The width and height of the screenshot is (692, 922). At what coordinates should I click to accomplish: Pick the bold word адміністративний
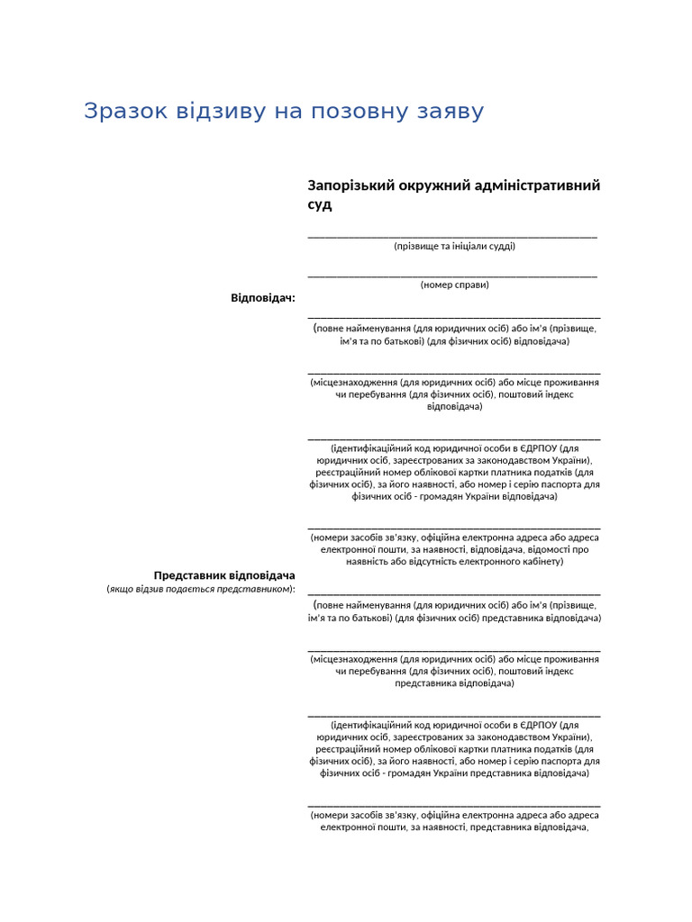(x=544, y=185)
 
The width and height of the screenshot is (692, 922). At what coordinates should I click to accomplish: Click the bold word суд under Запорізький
(x=320, y=205)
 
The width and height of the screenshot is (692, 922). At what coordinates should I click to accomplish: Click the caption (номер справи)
(x=454, y=285)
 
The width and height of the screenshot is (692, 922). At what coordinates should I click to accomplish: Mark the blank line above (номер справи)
(x=452, y=276)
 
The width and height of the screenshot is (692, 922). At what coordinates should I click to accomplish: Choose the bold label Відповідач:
(x=263, y=298)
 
